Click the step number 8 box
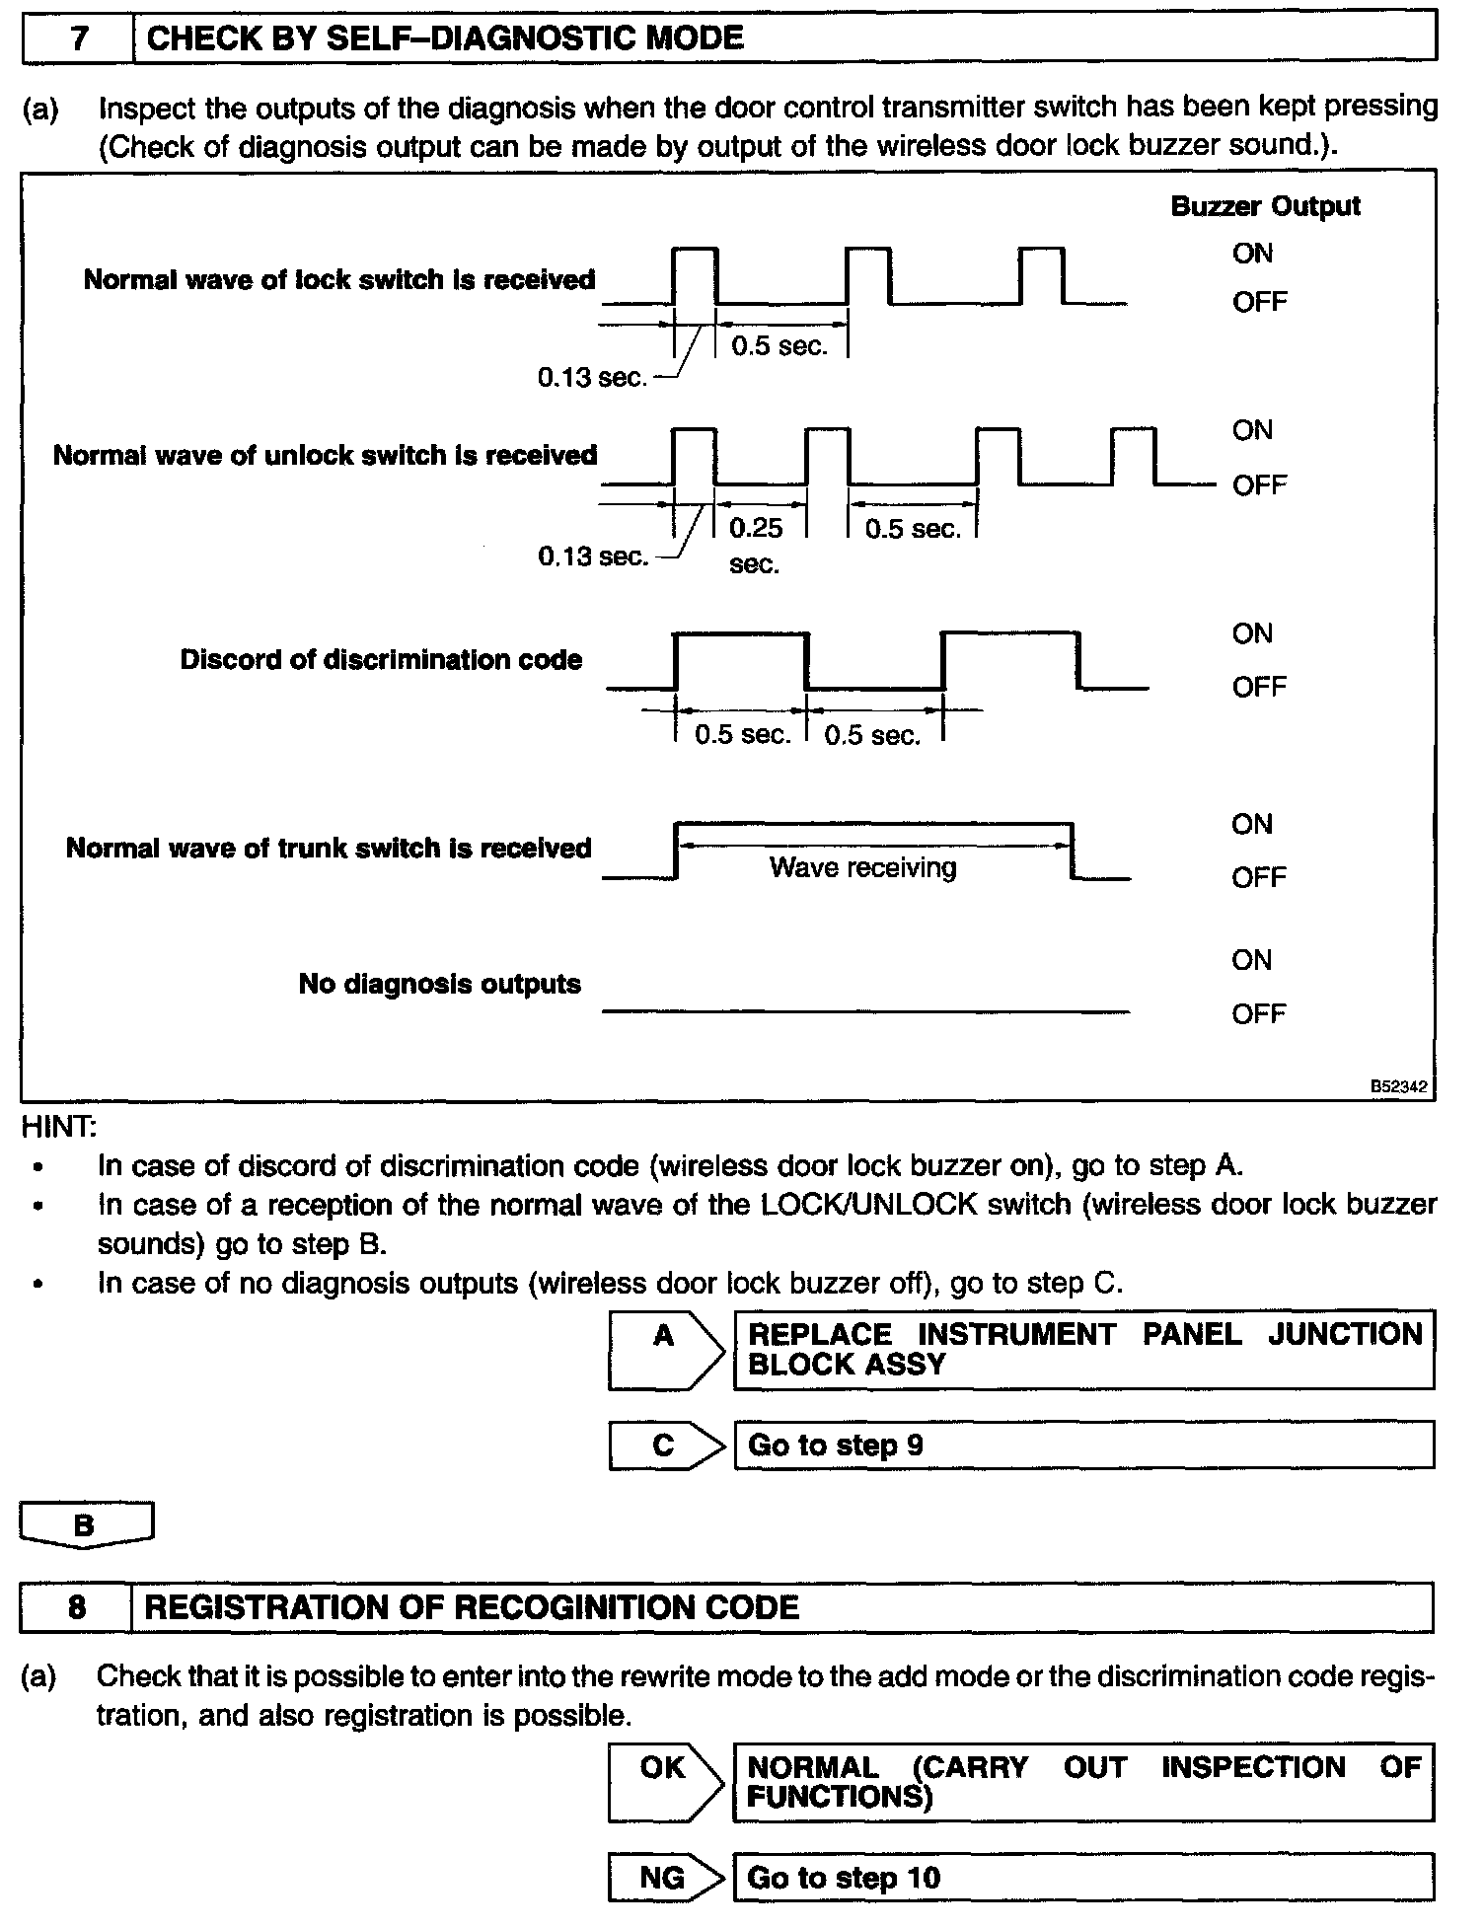(x=76, y=1607)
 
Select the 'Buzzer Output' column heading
(x=1265, y=206)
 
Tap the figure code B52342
(x=1398, y=1086)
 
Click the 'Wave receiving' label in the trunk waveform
(x=862, y=867)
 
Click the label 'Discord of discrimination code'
(x=381, y=659)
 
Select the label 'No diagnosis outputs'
(x=439, y=984)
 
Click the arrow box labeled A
(x=664, y=1349)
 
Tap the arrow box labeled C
(x=664, y=1446)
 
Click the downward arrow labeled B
(x=86, y=1525)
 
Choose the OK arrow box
(x=664, y=1781)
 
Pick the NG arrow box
(x=664, y=1878)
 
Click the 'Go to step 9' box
(x=1083, y=1446)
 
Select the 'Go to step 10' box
(x=1083, y=1878)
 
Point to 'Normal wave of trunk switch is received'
(x=329, y=848)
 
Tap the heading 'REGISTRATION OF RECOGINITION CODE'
(x=472, y=1607)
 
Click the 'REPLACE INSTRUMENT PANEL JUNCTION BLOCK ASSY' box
(x=1083, y=1349)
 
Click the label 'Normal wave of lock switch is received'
(x=339, y=280)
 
